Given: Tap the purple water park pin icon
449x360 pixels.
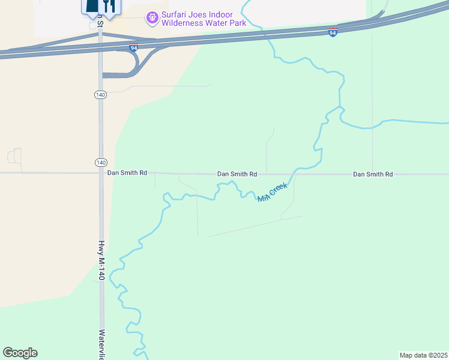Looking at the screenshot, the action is tap(153, 18).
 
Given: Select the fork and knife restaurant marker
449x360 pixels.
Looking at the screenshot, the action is tap(109, 6).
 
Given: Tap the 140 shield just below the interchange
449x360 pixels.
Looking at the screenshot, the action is tap(100, 95).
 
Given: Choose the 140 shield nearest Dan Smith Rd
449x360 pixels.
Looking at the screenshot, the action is tap(100, 163).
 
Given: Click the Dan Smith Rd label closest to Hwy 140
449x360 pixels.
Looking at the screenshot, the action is tap(127, 173).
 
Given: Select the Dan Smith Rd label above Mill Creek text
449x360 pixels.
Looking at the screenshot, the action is tap(237, 174).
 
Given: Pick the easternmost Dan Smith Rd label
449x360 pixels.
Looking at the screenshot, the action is tap(373, 174).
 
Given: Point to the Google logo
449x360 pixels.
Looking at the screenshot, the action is tap(20, 353).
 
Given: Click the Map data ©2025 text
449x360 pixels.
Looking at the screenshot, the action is tap(423, 355).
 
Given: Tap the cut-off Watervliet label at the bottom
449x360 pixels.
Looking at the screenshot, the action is tap(102, 344).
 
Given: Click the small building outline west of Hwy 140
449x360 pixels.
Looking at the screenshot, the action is tap(14, 156).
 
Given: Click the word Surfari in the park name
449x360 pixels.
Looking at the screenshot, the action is tap(175, 14).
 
